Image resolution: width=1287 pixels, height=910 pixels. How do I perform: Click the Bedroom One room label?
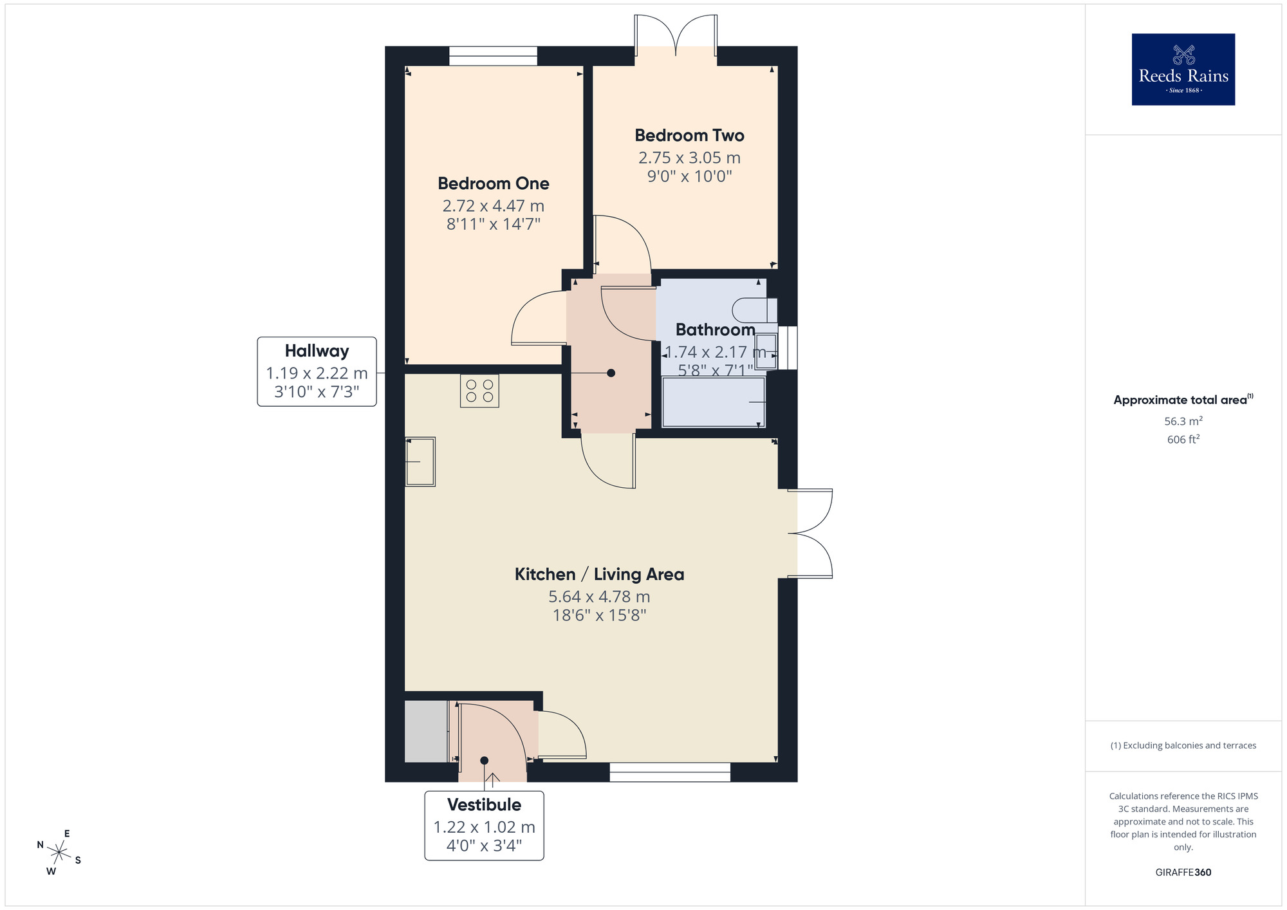[493, 183]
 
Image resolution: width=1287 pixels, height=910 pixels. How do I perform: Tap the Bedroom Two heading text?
[689, 135]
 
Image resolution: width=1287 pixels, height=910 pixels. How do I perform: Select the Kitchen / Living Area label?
[599, 574]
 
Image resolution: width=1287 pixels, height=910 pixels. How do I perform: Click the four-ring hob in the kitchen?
[479, 391]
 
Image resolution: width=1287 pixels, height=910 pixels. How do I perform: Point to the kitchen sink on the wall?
[420, 461]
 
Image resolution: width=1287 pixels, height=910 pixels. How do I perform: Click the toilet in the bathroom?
[757, 310]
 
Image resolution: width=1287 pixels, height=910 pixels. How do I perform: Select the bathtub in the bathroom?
[713, 402]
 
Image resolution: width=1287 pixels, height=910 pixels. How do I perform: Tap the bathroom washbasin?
[766, 351]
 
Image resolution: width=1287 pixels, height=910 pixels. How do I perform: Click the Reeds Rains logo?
[1183, 70]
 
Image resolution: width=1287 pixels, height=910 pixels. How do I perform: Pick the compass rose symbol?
[59, 853]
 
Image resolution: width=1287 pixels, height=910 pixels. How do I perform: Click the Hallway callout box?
[317, 371]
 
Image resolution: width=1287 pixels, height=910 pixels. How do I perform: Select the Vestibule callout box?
[484, 825]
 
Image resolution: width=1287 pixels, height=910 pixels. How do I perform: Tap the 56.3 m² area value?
[1183, 422]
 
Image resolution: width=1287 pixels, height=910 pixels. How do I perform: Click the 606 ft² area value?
[1183, 440]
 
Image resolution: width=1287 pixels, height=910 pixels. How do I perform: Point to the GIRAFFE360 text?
[1183, 873]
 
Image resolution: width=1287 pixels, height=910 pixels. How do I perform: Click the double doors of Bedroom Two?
[676, 35]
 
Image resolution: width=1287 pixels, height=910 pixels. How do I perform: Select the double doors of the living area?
[811, 533]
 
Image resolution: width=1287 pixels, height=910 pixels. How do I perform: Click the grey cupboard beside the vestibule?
[426, 732]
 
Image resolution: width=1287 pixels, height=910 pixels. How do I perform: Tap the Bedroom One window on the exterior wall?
[493, 56]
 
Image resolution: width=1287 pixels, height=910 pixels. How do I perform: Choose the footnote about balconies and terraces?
[1183, 745]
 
